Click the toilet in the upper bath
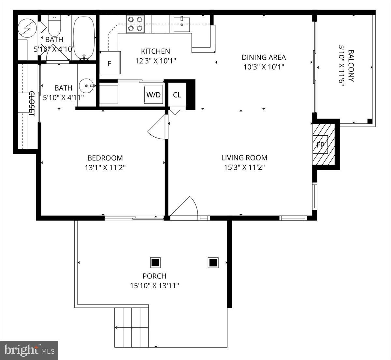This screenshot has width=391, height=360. click(54, 26)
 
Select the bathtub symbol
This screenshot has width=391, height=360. click(84, 37)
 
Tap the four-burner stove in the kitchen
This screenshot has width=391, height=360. click(136, 24)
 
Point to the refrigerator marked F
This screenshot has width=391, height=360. click(109, 63)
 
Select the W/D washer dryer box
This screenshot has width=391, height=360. click(153, 95)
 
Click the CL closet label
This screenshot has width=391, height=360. click(177, 95)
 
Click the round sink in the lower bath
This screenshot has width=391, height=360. click(87, 86)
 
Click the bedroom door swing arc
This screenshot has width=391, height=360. click(156, 129)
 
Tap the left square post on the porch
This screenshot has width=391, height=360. click(155, 262)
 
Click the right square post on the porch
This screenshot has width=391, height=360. click(213, 262)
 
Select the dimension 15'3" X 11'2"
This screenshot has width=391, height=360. click(244, 168)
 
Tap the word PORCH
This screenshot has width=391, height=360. click(154, 276)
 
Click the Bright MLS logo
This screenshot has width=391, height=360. click(29, 350)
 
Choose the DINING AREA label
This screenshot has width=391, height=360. click(264, 57)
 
